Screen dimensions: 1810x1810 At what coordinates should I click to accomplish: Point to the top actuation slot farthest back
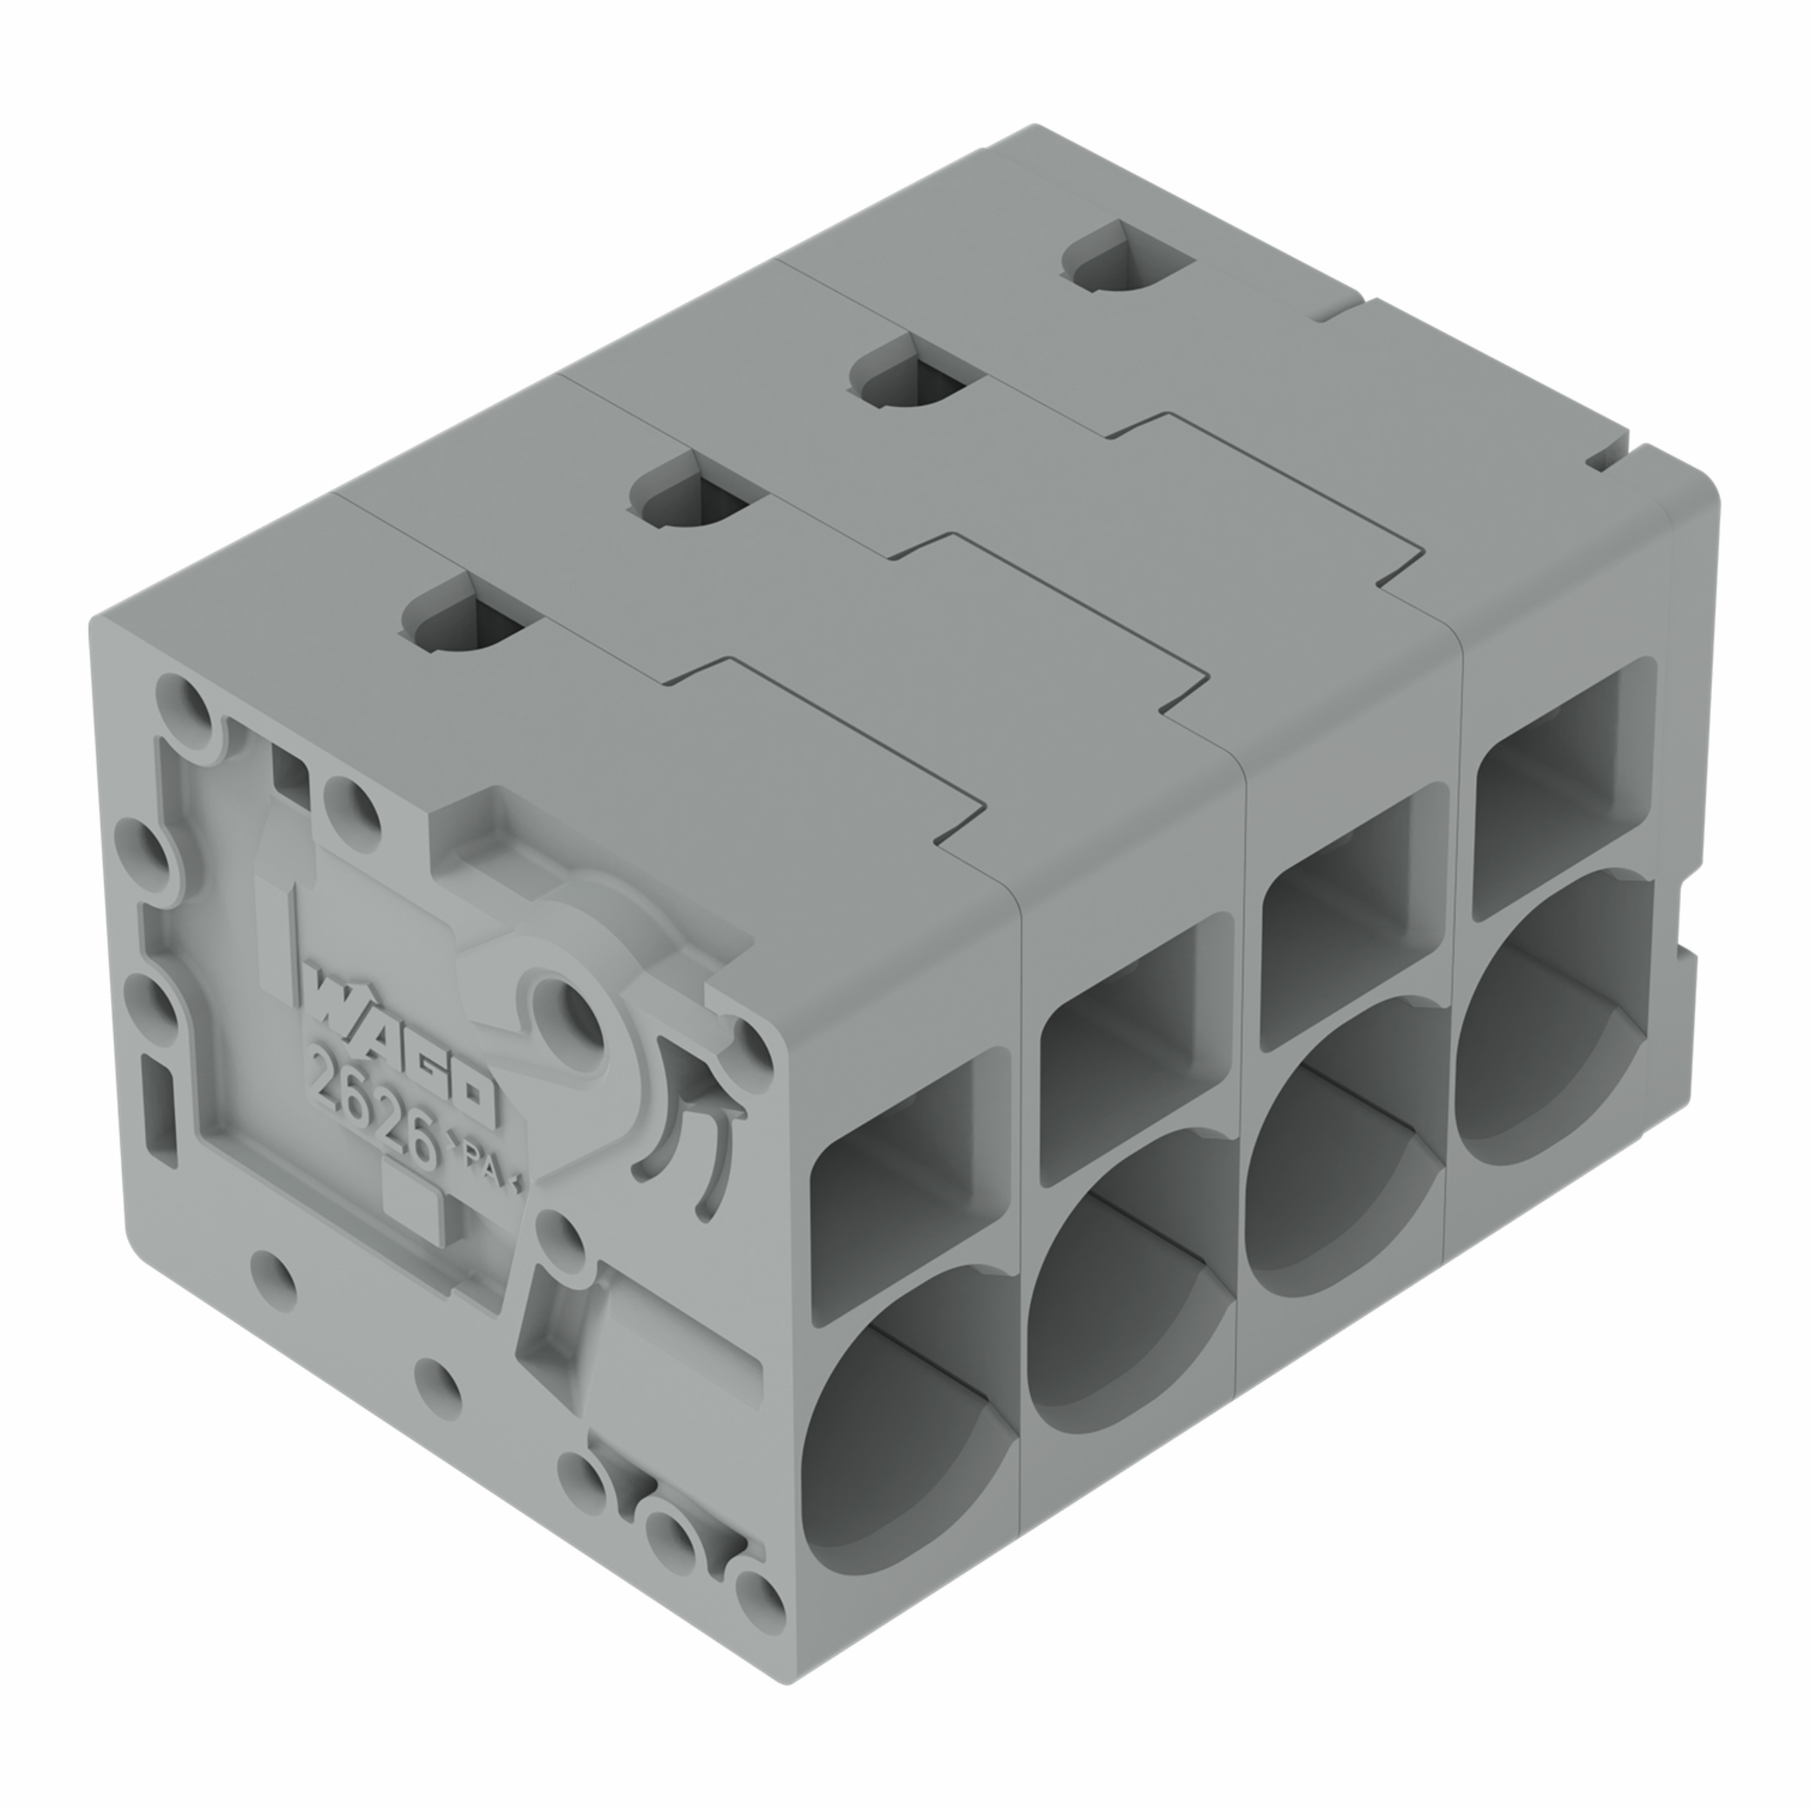point(1127,258)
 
